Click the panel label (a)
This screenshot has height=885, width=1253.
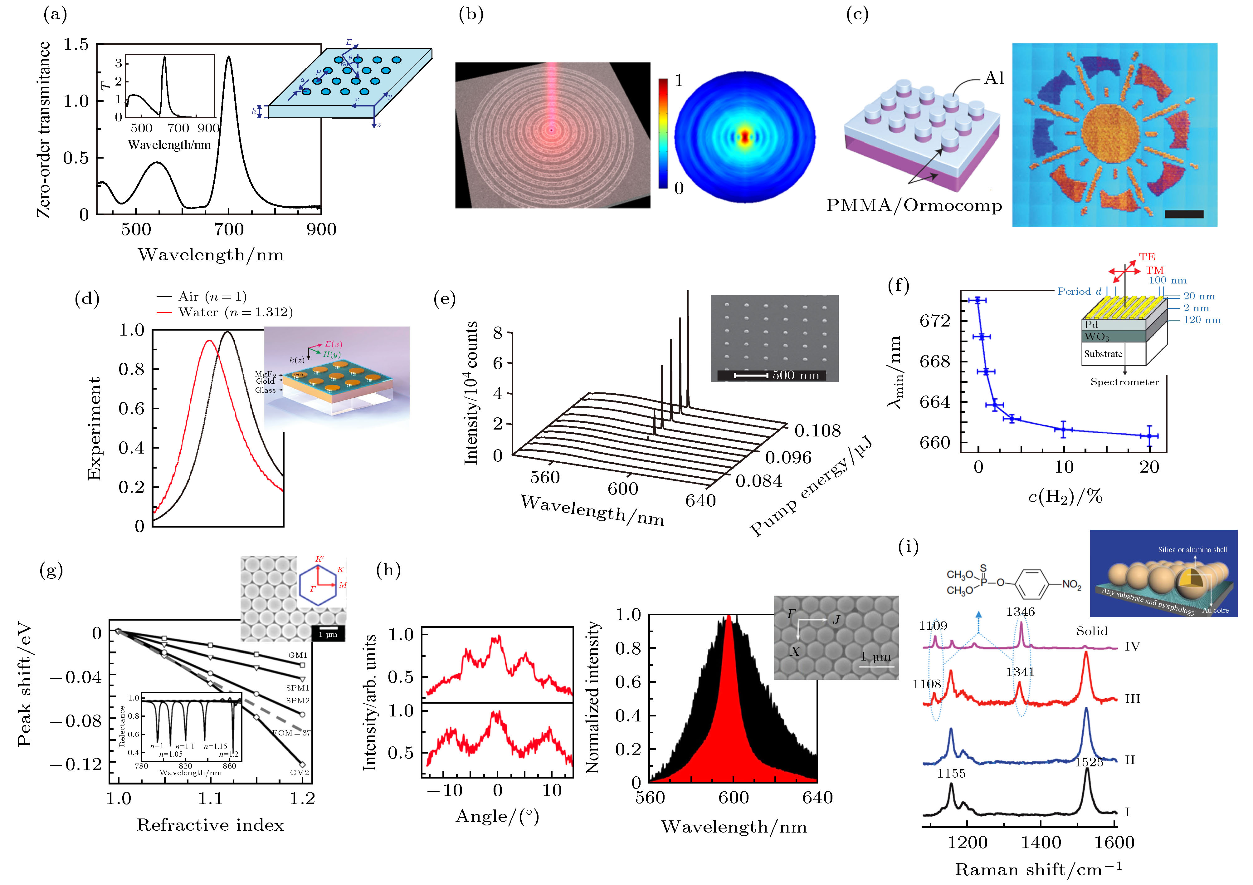[x=55, y=15]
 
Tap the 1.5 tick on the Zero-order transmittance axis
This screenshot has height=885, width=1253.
[x=76, y=44]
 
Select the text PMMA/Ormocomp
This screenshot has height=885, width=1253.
[x=914, y=206]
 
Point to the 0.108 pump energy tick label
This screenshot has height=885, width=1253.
[x=817, y=431]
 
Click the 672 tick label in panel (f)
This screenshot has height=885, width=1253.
[x=935, y=321]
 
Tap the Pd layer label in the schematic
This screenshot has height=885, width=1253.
[x=1091, y=324]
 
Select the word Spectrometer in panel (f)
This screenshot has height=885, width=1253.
[x=1124, y=382]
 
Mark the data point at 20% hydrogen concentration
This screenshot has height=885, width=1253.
[x=1149, y=436]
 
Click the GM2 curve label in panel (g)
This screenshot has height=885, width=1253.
[x=300, y=773]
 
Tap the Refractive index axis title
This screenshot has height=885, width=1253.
[x=210, y=825]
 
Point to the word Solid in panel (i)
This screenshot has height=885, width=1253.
[x=1092, y=631]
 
